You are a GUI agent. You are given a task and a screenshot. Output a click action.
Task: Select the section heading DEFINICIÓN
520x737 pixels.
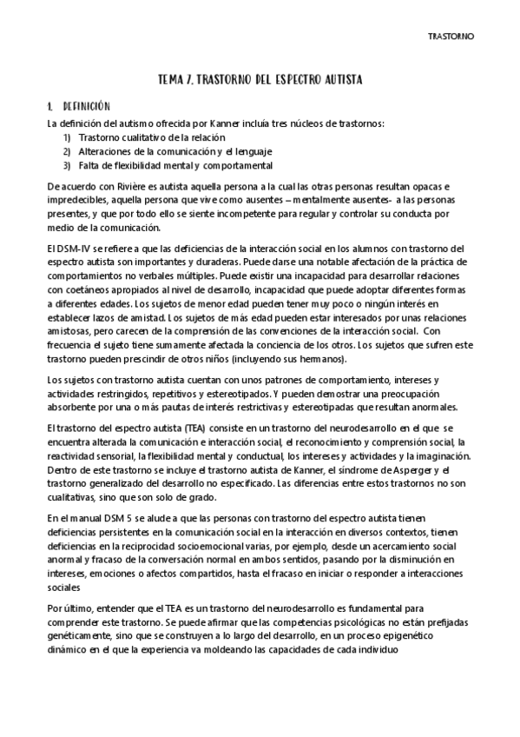pos(88,105)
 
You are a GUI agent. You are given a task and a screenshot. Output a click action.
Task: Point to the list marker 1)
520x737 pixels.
pos(67,137)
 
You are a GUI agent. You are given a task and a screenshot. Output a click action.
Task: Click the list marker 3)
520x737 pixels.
pos(67,165)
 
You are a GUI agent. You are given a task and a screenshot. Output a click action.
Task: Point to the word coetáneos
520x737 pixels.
pos(95,291)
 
